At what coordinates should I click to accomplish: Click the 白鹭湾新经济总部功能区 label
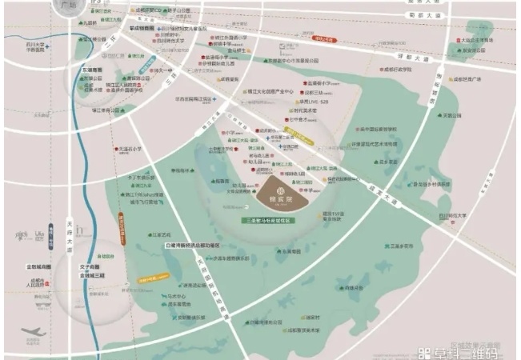click(x=196, y=246)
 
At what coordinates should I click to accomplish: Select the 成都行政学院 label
click(x=397, y=70)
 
